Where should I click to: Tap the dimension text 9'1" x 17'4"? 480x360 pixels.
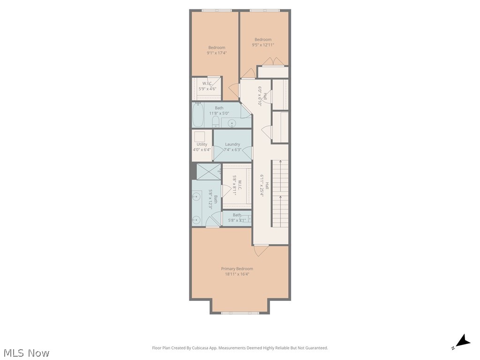217,53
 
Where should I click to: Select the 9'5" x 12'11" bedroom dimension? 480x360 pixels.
262,45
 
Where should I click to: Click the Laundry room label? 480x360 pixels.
232,144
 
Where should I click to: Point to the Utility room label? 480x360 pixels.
202,144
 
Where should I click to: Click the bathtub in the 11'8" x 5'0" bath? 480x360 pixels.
198,116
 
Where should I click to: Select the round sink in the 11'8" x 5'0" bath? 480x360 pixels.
231,123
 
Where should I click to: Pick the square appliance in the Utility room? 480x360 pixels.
200,136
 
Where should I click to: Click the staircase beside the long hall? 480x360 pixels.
280,193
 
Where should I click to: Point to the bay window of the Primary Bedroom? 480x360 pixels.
240,312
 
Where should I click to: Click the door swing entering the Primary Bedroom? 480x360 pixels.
261,250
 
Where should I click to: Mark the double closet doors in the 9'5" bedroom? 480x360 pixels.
272,61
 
